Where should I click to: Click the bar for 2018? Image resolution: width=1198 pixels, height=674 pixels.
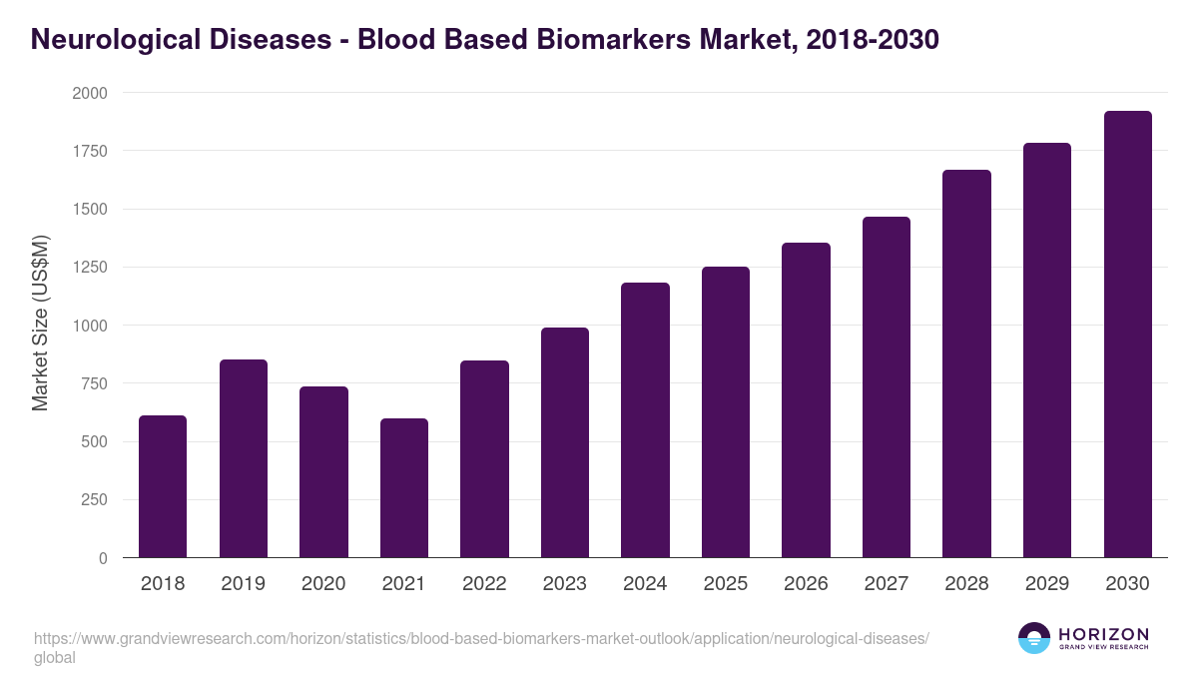pos(163,486)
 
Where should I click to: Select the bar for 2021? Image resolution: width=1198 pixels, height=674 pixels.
pos(403,488)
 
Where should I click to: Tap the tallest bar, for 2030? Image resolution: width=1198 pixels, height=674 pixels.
pos(1127,335)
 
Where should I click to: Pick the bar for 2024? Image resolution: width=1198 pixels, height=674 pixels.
pos(645,420)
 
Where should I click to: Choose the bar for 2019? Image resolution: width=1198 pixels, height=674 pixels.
pos(244,458)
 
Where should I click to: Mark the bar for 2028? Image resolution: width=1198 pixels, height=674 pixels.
pos(966,363)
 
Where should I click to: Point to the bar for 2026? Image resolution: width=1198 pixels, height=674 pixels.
pos(806,400)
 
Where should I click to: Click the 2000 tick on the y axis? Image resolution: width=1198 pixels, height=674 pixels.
pos(89,93)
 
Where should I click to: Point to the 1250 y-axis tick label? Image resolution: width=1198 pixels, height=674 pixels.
pos(89,268)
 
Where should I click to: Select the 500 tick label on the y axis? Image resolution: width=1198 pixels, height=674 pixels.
pos(93,442)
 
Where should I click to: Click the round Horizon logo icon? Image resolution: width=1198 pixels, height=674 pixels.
pos(1034,638)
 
